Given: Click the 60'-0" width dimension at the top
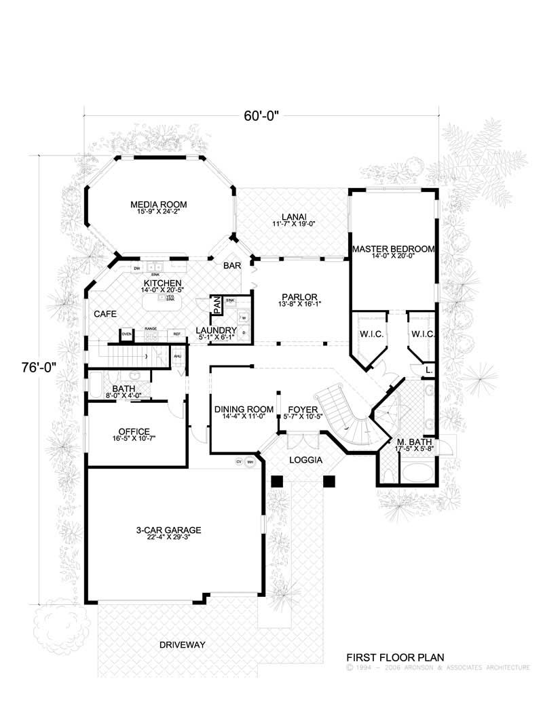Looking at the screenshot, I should point(261,116).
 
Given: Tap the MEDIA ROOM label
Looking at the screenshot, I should point(159,204).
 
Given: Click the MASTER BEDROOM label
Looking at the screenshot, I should point(393,249).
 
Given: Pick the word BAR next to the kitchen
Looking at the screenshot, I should point(232,267).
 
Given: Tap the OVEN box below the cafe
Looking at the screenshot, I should point(126,334).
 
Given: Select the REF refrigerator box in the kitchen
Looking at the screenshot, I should point(176,334).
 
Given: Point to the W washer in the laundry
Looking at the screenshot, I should point(243,317).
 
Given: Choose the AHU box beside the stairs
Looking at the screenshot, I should point(177,356).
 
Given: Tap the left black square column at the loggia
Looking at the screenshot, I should point(276,481).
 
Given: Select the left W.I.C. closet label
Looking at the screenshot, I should point(367,334).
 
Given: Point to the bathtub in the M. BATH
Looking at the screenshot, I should point(415,472).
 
